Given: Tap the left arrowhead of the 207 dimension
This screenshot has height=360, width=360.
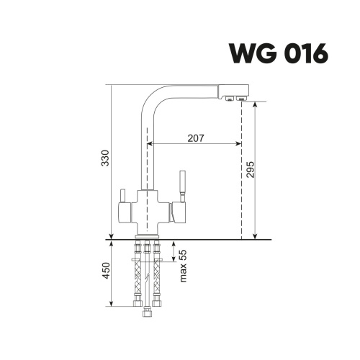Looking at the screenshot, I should pos(150,143).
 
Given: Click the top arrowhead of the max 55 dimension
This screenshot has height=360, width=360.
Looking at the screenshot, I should pos(174,243).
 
